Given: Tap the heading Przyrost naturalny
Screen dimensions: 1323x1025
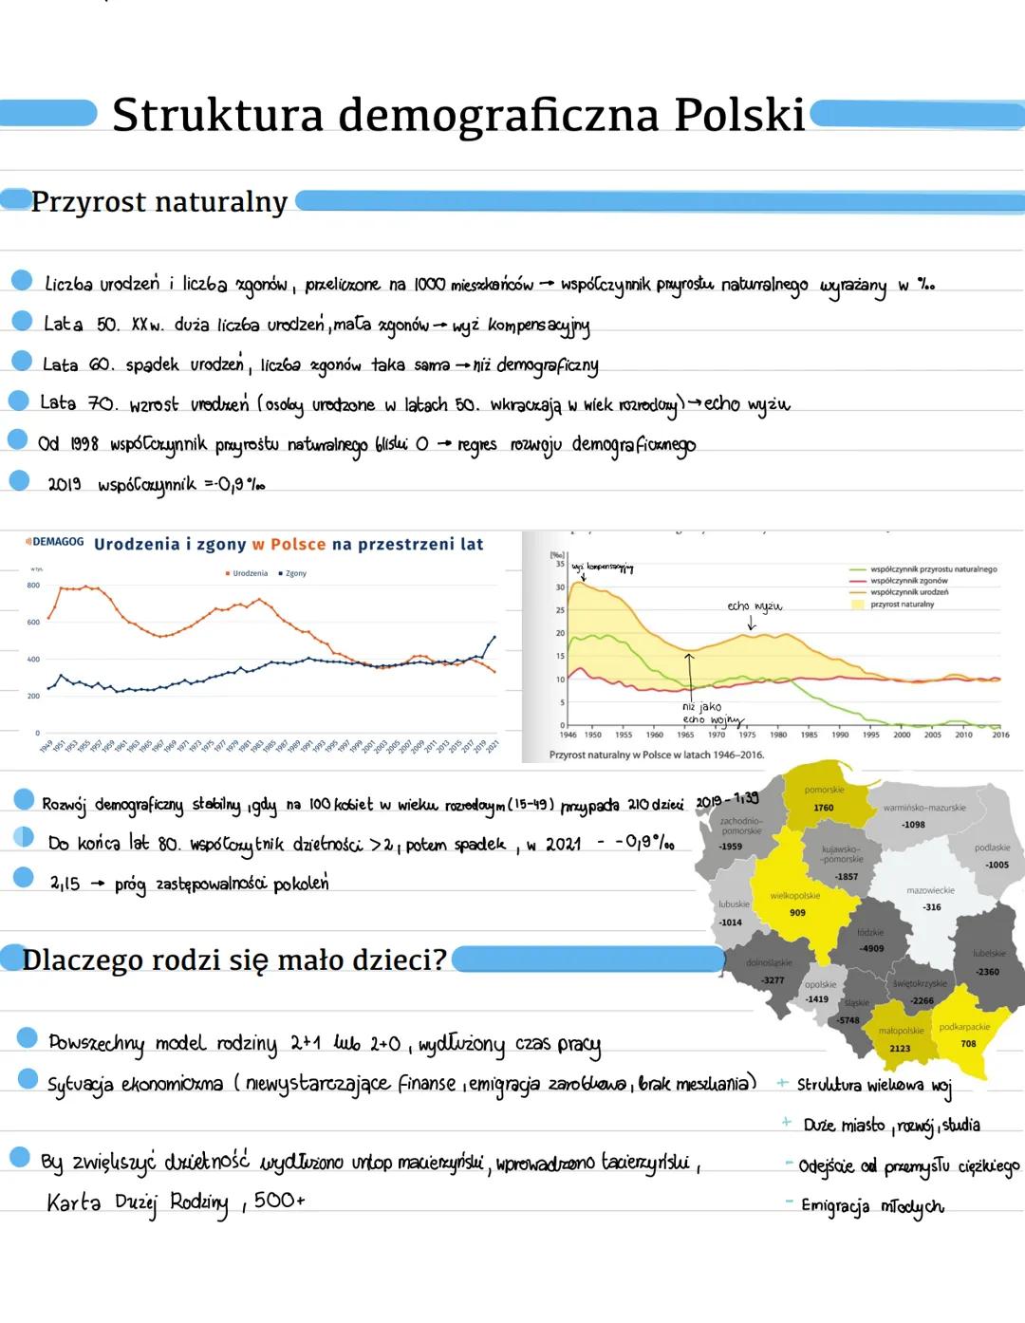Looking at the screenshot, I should (159, 202).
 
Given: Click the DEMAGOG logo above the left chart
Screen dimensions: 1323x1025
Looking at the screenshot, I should (55, 542).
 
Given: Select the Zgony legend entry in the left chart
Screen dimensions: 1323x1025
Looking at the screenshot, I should (293, 573).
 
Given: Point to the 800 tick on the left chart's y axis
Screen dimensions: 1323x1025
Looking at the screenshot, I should (33, 586).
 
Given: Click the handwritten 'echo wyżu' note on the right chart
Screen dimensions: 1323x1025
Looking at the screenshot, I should (755, 606).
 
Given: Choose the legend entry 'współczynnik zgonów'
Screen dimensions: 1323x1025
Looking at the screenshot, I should (908, 581).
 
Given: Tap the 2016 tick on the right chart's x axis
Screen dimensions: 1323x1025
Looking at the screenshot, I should (1000, 735).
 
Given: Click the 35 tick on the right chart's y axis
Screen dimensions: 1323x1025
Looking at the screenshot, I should (560, 564).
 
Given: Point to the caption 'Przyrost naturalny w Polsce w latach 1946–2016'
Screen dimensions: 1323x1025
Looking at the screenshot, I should (656, 755).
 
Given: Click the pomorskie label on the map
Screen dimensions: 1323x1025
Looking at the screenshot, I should (824, 790).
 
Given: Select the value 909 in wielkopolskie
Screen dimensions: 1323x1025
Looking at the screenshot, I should (797, 913).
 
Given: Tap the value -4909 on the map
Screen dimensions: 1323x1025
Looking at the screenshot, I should (871, 948).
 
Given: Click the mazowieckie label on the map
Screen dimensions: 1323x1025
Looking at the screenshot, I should (930, 890).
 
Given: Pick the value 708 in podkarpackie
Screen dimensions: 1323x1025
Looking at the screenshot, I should (968, 1044).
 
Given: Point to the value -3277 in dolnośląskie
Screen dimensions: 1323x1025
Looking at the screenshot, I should (773, 980).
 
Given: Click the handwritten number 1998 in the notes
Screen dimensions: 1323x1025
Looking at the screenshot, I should (83, 444).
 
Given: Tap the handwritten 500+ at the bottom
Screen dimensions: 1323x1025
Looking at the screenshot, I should (280, 1201).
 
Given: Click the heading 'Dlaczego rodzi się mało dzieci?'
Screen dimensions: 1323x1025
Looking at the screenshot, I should (233, 960).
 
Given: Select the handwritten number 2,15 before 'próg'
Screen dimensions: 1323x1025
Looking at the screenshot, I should (65, 883).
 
